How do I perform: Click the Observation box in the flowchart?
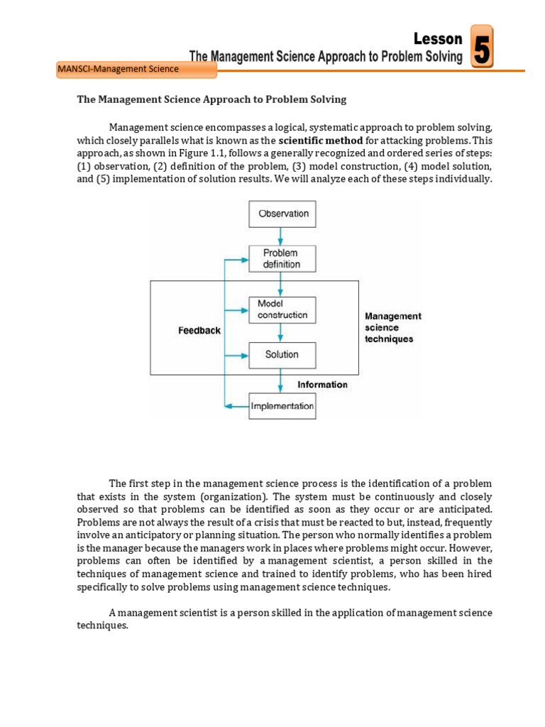click(282, 214)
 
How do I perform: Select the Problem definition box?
click(282, 258)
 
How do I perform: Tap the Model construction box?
click(282, 309)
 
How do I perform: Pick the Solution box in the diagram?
click(282, 354)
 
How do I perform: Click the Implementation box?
click(282, 406)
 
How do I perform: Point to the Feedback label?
click(199, 331)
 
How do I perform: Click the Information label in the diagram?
click(322, 385)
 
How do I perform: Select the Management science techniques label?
click(393, 327)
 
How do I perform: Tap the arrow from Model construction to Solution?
click(282, 332)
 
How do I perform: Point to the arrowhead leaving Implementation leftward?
click(229, 406)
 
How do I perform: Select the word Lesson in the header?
click(438, 39)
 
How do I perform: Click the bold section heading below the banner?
click(211, 100)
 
